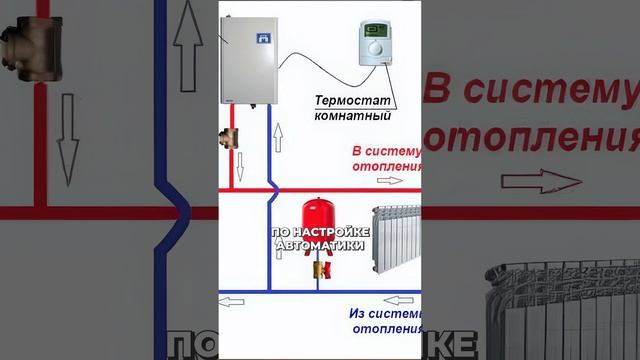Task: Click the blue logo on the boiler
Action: coord(263,41)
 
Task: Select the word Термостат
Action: coord(351,101)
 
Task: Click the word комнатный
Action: coord(351,117)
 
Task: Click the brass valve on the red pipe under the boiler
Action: coord(229,137)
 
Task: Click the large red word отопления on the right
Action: coord(530,134)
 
